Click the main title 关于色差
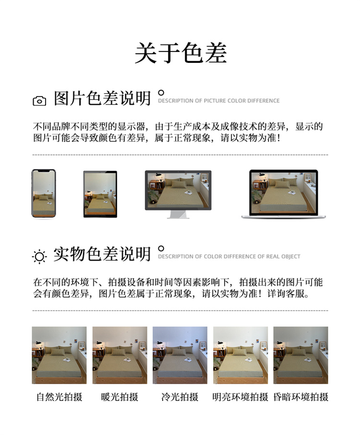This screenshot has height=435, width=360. click(x=180, y=53)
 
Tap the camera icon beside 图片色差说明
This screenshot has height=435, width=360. click(x=39, y=101)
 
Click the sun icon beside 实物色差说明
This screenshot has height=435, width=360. click(x=39, y=256)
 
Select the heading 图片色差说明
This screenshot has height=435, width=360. click(x=102, y=98)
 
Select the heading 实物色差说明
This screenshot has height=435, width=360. click(x=102, y=254)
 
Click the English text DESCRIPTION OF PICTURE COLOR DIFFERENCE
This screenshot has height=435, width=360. click(x=219, y=101)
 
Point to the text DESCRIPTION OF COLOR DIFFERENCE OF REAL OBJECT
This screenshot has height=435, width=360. click(x=229, y=256)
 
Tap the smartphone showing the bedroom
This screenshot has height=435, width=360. click(x=44, y=193)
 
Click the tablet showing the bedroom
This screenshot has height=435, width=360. click(x=100, y=194)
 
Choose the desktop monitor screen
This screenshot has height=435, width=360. click(x=178, y=190)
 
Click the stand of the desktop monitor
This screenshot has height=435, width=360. click(x=179, y=215)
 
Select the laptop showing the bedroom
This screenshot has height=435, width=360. click(x=284, y=194)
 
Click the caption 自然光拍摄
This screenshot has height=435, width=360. click(x=60, y=397)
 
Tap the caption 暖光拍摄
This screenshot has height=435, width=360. click(x=120, y=397)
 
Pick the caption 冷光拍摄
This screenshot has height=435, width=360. click(x=180, y=397)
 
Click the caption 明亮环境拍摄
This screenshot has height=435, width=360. click(x=240, y=397)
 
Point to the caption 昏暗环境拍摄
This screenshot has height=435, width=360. click(x=301, y=397)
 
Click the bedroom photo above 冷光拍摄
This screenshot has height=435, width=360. click(x=180, y=355)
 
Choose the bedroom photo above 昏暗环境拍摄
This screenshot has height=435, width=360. click(x=300, y=355)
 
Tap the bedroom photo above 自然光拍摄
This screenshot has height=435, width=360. click(x=59, y=355)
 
